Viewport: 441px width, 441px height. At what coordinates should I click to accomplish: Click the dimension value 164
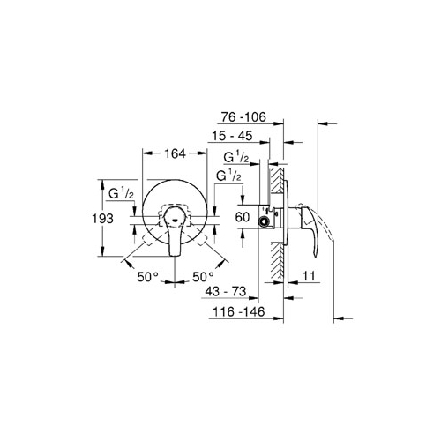click(x=175, y=153)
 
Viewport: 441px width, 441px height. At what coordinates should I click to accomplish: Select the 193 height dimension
click(x=102, y=219)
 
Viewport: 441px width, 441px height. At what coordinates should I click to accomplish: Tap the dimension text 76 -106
click(x=243, y=117)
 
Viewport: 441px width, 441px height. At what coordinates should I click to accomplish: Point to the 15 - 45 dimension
click(x=232, y=136)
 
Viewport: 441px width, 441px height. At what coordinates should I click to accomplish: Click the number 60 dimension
click(x=243, y=217)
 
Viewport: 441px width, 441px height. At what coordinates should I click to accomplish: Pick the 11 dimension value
click(x=309, y=276)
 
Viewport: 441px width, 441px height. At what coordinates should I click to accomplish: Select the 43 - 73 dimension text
click(x=226, y=291)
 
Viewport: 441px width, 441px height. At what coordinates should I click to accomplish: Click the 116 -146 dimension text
click(x=239, y=311)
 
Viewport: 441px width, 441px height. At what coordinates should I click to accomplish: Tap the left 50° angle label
click(x=147, y=277)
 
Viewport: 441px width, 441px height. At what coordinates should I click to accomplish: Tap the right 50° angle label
click(x=203, y=277)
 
